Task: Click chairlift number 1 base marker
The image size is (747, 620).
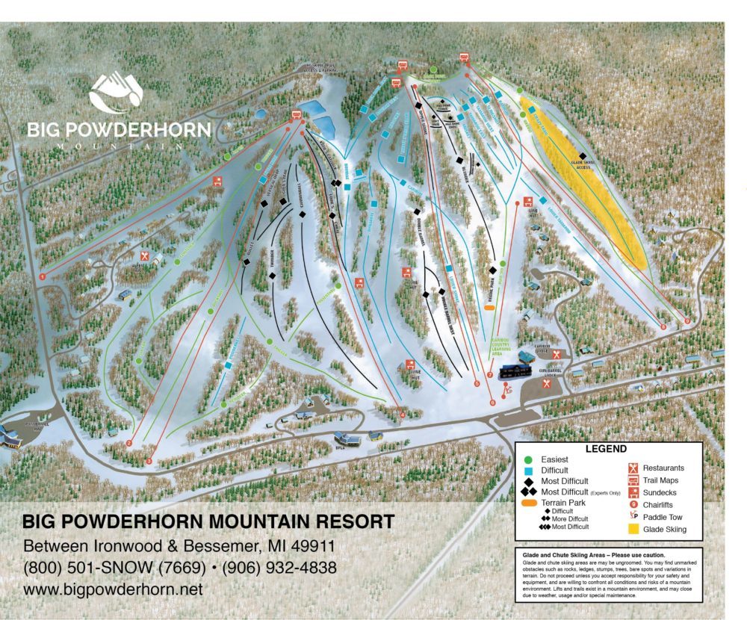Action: pyautogui.click(x=43, y=276)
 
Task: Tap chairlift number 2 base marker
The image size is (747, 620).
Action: pyautogui.click(x=129, y=444)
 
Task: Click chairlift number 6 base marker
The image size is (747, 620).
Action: pyautogui.click(x=492, y=403)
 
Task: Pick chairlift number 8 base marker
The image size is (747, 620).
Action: pyautogui.click(x=663, y=326)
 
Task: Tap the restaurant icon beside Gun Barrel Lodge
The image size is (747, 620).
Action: pyautogui.click(x=548, y=382)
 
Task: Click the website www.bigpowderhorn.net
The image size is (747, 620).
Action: pyautogui.click(x=114, y=589)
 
